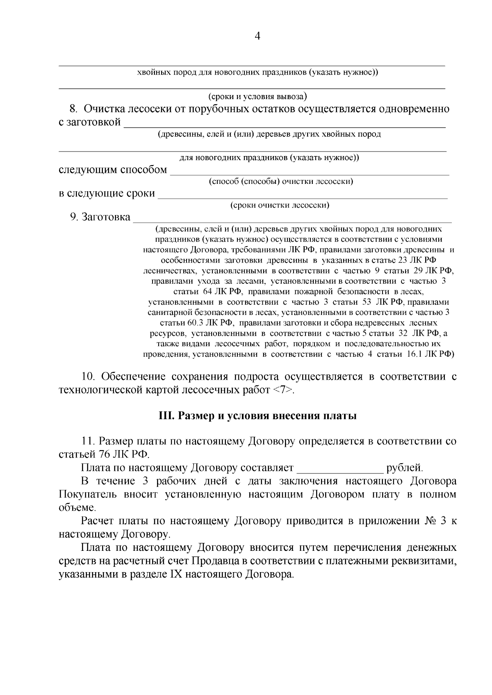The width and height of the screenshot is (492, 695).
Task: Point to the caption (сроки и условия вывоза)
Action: click(x=257, y=97)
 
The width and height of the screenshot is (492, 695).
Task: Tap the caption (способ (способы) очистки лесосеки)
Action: click(x=281, y=181)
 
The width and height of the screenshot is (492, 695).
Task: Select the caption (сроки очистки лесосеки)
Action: click(x=280, y=205)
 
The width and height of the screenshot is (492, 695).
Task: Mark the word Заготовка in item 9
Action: click(x=106, y=217)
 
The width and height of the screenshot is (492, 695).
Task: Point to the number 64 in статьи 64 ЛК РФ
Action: click(x=207, y=292)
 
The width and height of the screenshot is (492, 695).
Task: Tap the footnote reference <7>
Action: click(x=283, y=390)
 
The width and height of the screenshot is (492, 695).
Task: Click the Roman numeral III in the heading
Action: click(x=166, y=417)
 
